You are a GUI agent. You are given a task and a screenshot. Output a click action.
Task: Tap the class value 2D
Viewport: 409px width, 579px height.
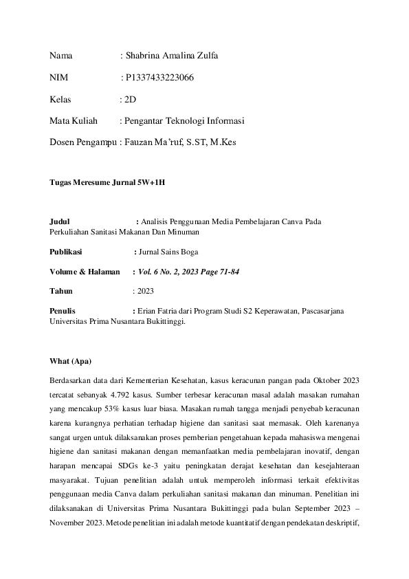(x=130, y=100)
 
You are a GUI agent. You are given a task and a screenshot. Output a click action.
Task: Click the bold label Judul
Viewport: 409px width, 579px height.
(x=60, y=221)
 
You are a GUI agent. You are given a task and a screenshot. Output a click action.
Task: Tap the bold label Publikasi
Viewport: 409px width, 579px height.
(x=66, y=252)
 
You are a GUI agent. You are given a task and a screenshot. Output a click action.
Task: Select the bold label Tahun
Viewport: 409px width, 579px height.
(x=62, y=292)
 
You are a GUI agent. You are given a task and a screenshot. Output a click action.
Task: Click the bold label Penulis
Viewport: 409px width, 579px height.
(x=63, y=312)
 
